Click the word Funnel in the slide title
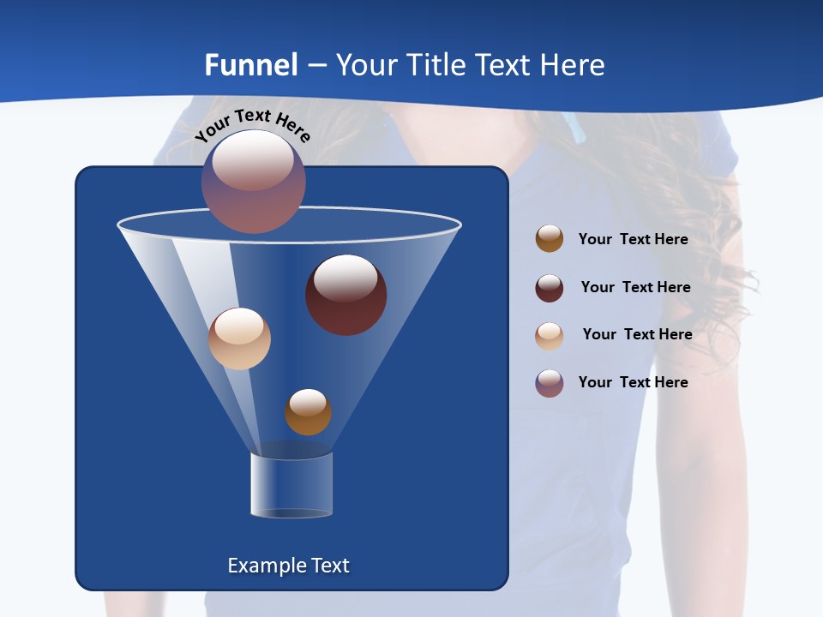[x=251, y=65]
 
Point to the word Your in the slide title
[x=367, y=65]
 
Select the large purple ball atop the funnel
[x=253, y=182]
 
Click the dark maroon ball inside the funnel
[x=345, y=295]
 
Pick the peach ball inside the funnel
[x=239, y=338]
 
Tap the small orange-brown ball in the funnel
[x=308, y=411]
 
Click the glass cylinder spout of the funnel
[x=291, y=485]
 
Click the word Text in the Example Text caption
[x=328, y=566]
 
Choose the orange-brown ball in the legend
[x=550, y=239]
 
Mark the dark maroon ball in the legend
[x=550, y=288]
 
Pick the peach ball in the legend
[x=550, y=336]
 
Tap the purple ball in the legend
[x=550, y=383]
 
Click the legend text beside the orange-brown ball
[x=633, y=239]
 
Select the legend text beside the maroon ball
[x=635, y=287]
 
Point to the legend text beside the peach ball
[x=637, y=334]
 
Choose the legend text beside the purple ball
[x=633, y=382]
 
